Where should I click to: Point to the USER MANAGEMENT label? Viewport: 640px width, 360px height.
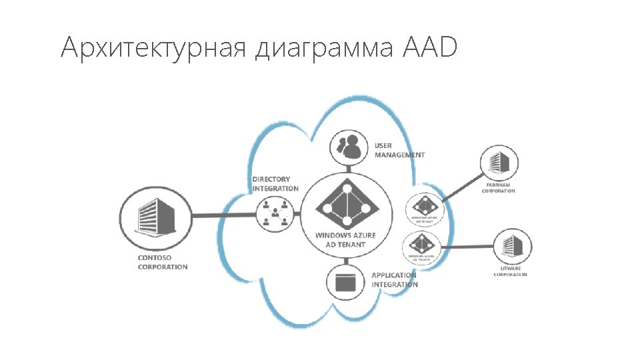pyautogui.click(x=399, y=150)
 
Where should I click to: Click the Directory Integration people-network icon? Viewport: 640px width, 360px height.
pyautogui.click(x=275, y=215)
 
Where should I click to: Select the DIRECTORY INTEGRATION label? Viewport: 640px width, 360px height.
pyautogui.click(x=275, y=184)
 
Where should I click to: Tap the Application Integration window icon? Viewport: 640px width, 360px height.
pyautogui.click(x=345, y=283)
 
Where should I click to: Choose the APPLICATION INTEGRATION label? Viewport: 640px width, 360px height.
pyautogui.click(x=395, y=280)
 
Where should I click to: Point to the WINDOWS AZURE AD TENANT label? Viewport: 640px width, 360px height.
pyautogui.click(x=345, y=240)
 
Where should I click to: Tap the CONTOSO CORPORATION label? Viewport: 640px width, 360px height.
pyautogui.click(x=162, y=262)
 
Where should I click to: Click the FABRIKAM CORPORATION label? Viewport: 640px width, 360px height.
pyautogui.click(x=499, y=189)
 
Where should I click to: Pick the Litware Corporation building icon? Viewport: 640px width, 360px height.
pyautogui.click(x=512, y=247)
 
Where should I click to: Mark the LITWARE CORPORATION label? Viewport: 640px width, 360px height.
pyautogui.click(x=511, y=272)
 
